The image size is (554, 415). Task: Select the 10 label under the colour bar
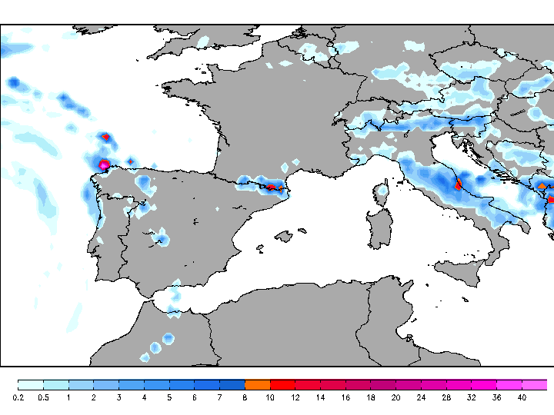pos(269,397)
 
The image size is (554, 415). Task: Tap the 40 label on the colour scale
pos(521,397)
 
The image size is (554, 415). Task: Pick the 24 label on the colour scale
pos(421,397)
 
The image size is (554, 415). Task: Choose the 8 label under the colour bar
pos(245,397)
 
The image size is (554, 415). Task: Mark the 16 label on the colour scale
pos(345,397)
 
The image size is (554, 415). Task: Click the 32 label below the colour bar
pos(471,397)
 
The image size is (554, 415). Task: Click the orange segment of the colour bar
pos(257,384)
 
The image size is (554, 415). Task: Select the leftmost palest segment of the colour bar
pos(30,384)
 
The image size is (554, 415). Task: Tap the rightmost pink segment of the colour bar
pos(535,384)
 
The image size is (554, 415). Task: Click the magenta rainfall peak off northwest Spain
pos(104,164)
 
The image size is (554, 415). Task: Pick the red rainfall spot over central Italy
pos(459,184)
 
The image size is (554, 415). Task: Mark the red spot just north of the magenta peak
pos(106,137)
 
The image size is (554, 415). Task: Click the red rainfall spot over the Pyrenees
pos(271,187)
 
